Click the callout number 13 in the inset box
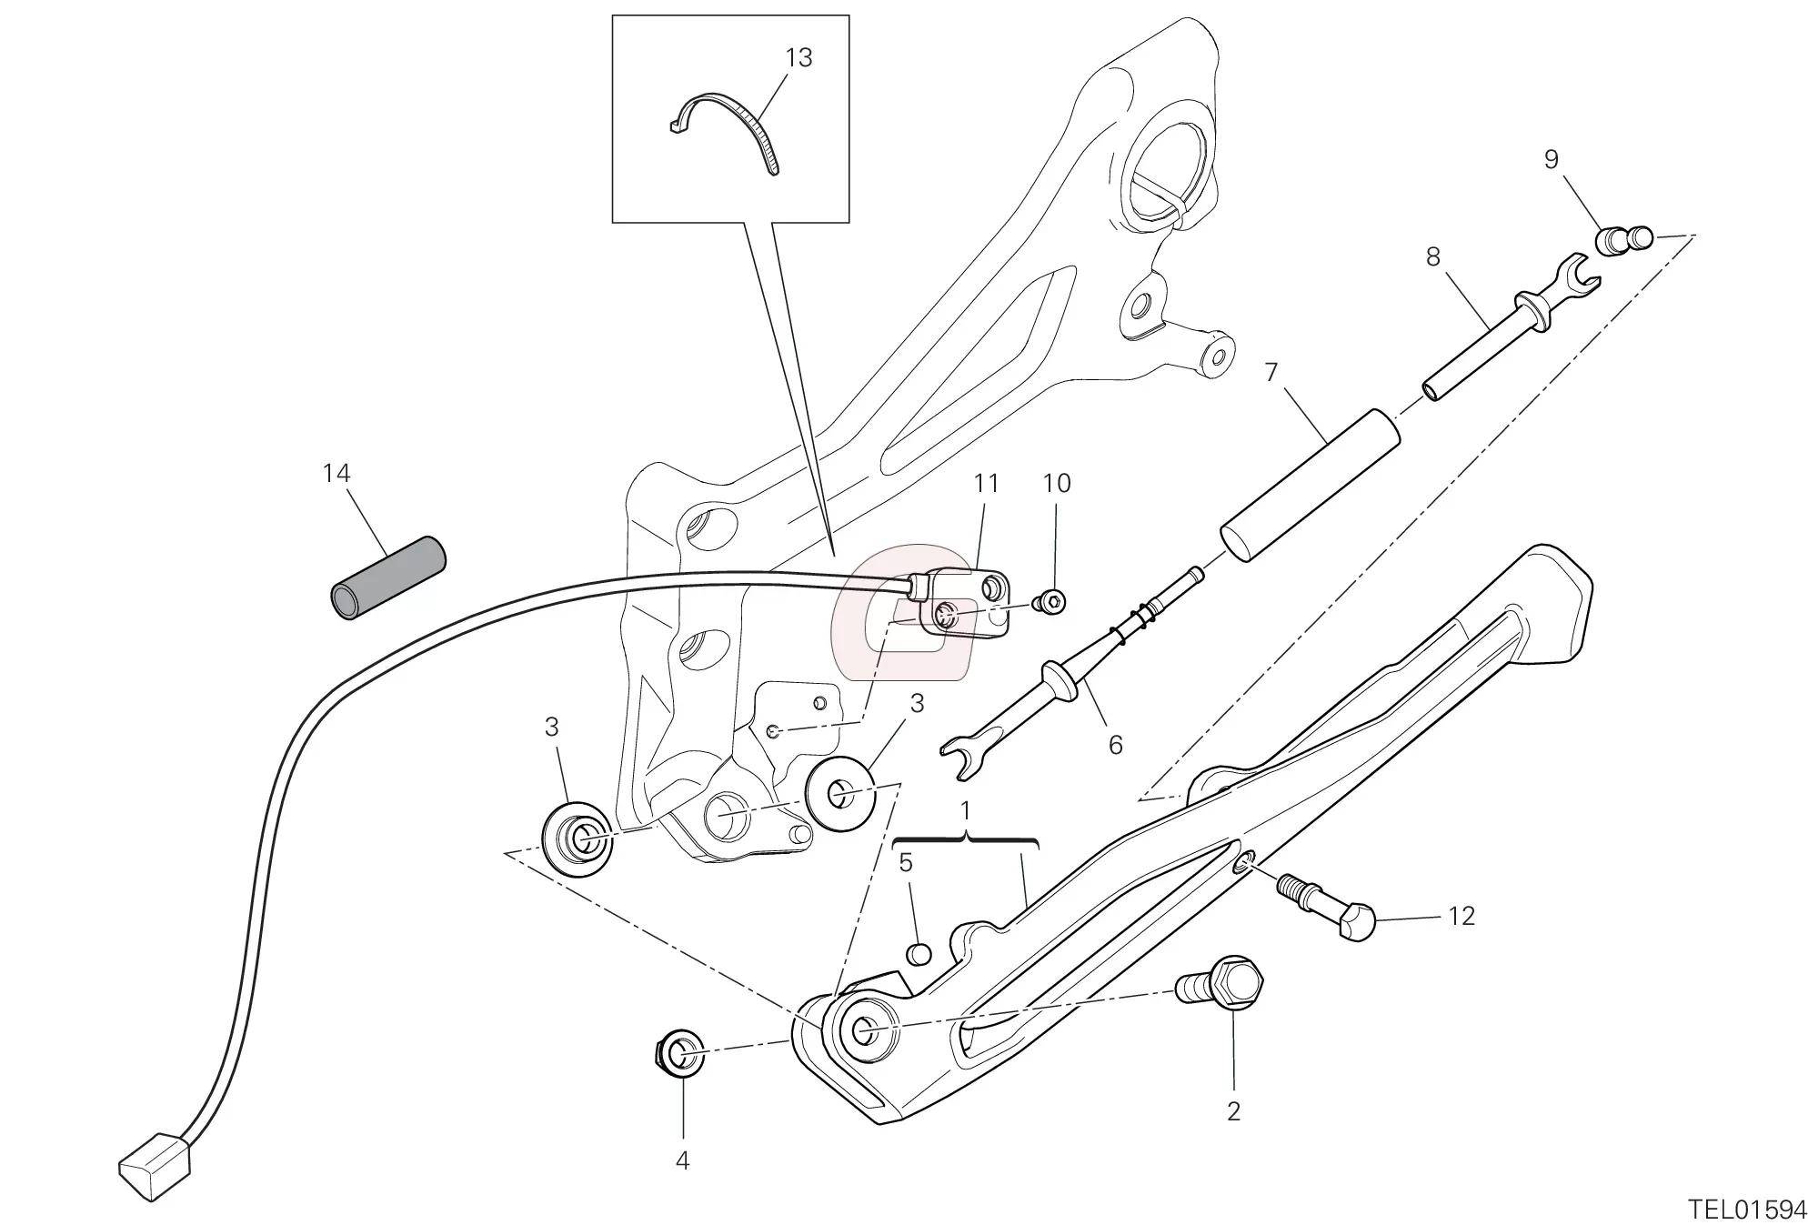(798, 58)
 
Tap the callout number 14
(336, 474)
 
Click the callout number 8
(1432, 258)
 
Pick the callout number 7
(1271, 373)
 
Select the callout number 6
(1115, 745)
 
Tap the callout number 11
(986, 484)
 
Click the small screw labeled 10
(1052, 601)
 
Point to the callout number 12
(1461, 916)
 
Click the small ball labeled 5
(919, 954)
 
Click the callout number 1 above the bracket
(965, 810)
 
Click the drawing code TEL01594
(1745, 1209)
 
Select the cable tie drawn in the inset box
(728, 126)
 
